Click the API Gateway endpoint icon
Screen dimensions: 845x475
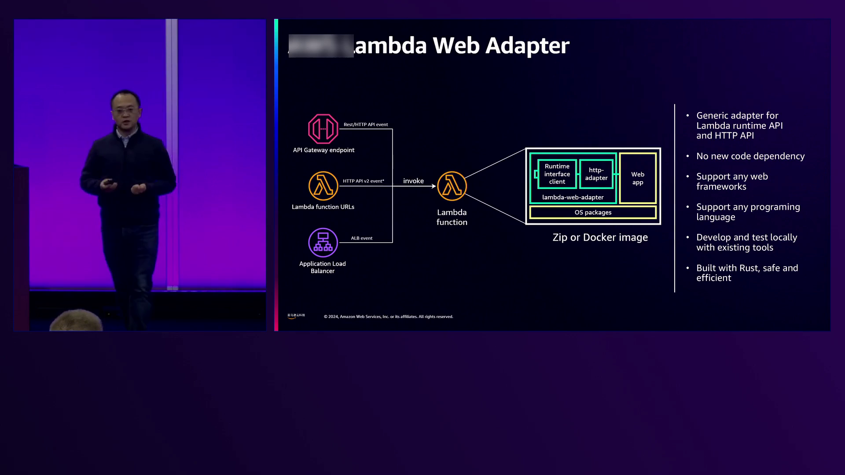click(323, 129)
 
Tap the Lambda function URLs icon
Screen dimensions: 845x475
click(323, 186)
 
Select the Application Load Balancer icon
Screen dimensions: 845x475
click(323, 242)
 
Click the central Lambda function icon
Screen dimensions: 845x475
click(452, 186)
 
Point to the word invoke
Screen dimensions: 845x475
click(413, 181)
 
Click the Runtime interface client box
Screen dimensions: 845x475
click(557, 174)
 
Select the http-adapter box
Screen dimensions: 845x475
click(596, 174)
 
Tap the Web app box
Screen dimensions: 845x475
click(637, 178)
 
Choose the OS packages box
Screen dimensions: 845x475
click(593, 212)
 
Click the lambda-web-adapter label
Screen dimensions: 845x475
click(573, 197)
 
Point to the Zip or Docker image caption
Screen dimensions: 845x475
click(600, 237)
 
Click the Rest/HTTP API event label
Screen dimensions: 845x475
click(365, 124)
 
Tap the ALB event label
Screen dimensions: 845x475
click(361, 238)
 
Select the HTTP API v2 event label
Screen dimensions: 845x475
click(363, 181)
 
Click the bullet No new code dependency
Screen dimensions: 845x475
click(750, 156)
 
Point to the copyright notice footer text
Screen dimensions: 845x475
click(388, 317)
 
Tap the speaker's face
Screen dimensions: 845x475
click(125, 110)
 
